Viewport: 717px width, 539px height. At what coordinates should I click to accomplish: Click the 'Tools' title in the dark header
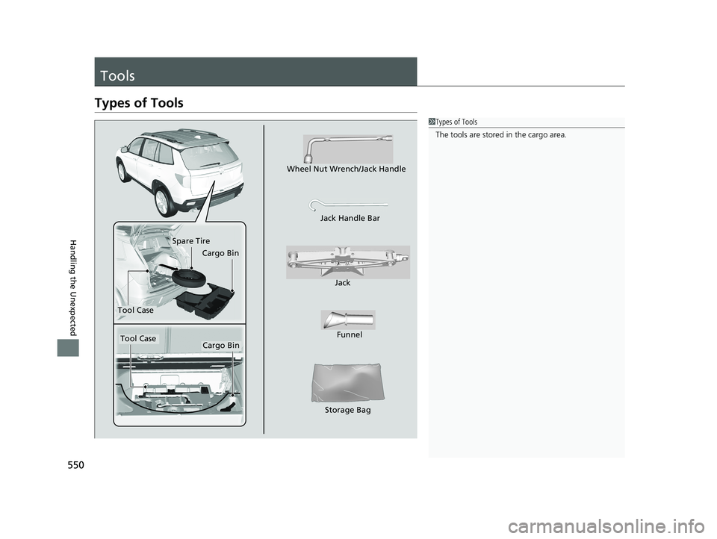pyautogui.click(x=117, y=75)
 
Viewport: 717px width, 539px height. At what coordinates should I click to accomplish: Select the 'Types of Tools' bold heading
pyautogui.click(x=139, y=103)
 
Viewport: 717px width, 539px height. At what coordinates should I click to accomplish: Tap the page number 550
pyautogui.click(x=76, y=465)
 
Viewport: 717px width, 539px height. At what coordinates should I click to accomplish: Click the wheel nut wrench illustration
pyautogui.click(x=347, y=149)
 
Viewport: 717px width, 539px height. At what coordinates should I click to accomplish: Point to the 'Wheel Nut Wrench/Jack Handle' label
pyautogui.click(x=346, y=169)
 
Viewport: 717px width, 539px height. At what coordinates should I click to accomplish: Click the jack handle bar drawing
pyautogui.click(x=349, y=205)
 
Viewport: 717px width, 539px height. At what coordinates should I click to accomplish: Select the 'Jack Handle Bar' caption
pyautogui.click(x=350, y=218)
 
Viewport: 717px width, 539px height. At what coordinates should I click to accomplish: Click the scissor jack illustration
pyautogui.click(x=348, y=262)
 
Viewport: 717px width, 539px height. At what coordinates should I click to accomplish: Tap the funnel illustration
pyautogui.click(x=348, y=320)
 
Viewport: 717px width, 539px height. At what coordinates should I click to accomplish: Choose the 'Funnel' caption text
pyautogui.click(x=350, y=334)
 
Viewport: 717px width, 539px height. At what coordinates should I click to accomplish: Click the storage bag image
pyautogui.click(x=347, y=383)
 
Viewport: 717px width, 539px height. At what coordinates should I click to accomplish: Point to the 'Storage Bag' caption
pyautogui.click(x=347, y=410)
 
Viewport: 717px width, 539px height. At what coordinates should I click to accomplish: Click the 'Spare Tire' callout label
pyautogui.click(x=191, y=241)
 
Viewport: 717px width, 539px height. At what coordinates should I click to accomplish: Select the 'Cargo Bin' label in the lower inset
pyautogui.click(x=221, y=345)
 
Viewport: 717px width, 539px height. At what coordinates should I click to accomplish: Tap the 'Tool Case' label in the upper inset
pyautogui.click(x=135, y=310)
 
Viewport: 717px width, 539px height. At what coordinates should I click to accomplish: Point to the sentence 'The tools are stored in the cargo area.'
pyautogui.click(x=500, y=135)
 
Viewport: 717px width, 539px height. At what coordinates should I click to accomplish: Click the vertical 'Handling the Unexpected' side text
pyautogui.click(x=74, y=287)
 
